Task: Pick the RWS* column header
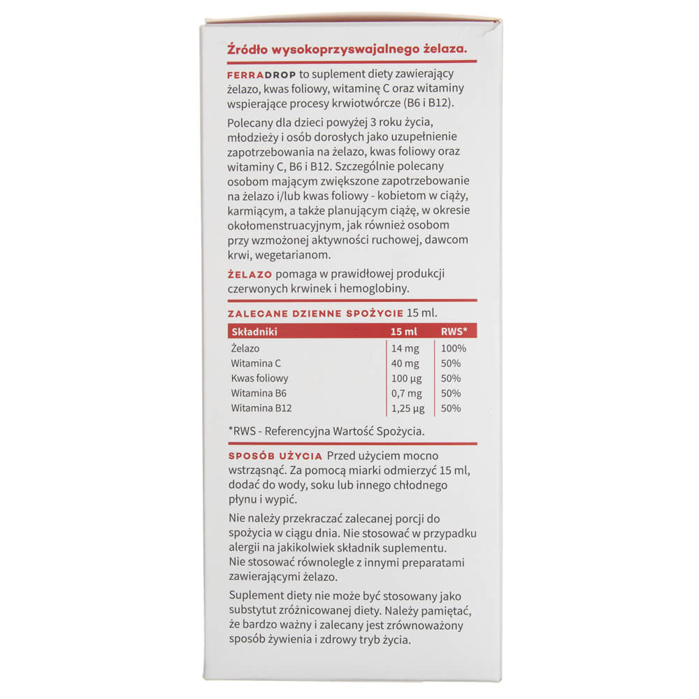(x=454, y=332)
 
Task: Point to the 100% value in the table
(x=454, y=348)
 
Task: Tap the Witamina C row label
(x=256, y=363)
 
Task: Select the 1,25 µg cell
(x=408, y=408)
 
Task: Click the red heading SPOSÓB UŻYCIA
(x=275, y=456)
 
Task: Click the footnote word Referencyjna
(x=300, y=431)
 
